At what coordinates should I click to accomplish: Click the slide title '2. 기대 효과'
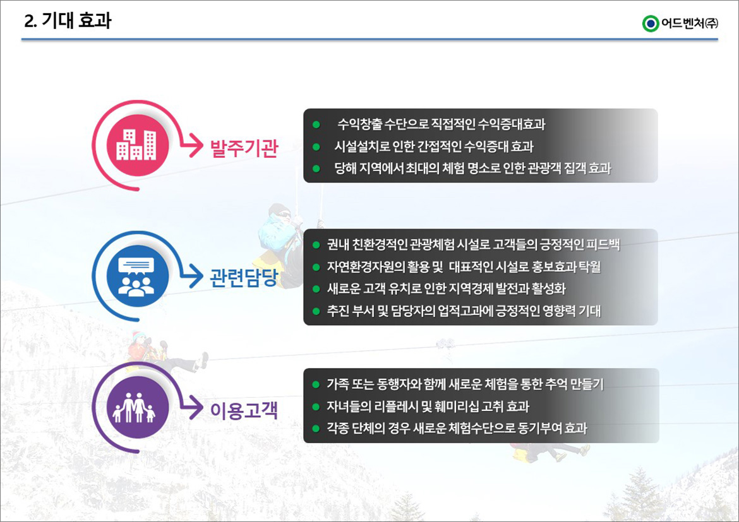(68, 21)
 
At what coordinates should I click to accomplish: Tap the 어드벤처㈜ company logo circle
(651, 23)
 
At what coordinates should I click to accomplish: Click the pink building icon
(137, 145)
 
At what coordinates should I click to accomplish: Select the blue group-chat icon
(137, 276)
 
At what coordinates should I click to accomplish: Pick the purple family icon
(137, 408)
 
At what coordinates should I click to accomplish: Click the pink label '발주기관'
(244, 148)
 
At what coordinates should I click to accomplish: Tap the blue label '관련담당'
(244, 278)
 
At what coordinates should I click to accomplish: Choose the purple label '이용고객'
(244, 410)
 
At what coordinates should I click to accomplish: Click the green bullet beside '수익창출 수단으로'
(316, 125)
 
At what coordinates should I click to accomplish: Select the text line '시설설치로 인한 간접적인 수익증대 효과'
(434, 146)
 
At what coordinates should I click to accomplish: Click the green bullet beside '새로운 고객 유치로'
(316, 289)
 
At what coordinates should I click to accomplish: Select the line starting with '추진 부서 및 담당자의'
(464, 311)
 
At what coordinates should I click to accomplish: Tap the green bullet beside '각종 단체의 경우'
(316, 429)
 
